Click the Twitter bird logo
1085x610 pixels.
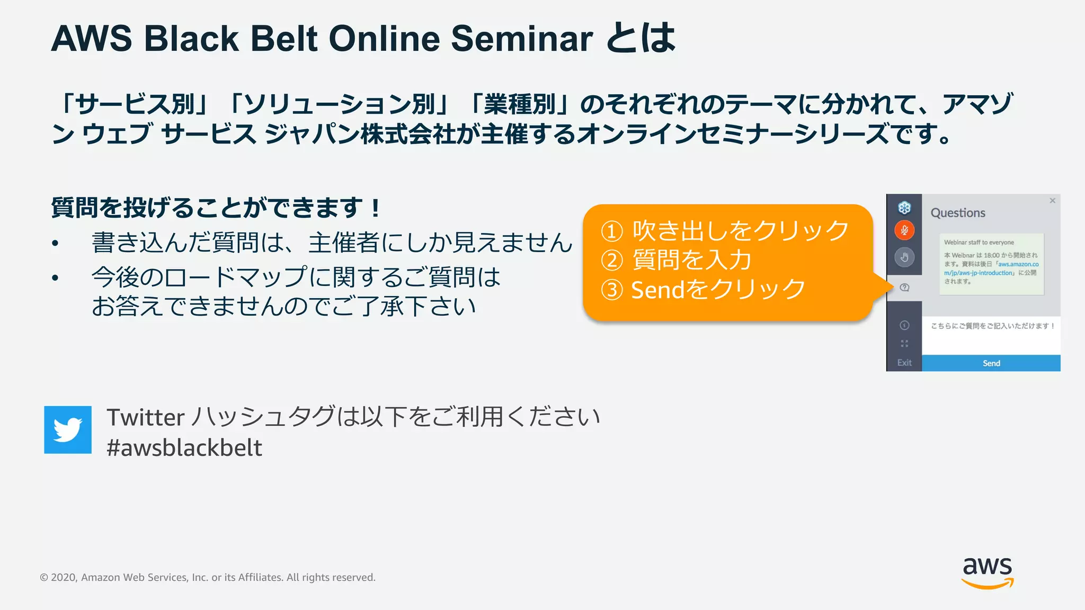68,429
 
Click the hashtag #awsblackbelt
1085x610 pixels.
184,448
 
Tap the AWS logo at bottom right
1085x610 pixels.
987,572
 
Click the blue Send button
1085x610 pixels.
991,363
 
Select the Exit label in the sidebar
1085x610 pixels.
904,363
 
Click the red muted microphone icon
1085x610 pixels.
904,230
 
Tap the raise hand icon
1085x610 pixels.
904,257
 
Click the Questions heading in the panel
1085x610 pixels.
958,213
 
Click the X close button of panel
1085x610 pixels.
1052,201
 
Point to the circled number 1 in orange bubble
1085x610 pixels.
612,231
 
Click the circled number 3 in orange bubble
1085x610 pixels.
612,290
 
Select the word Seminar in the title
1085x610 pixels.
521,39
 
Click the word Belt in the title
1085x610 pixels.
284,39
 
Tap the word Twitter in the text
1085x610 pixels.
146,417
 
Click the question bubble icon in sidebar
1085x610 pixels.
904,288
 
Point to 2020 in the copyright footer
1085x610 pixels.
64,577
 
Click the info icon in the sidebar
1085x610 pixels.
904,325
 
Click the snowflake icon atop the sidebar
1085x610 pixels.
904,208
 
